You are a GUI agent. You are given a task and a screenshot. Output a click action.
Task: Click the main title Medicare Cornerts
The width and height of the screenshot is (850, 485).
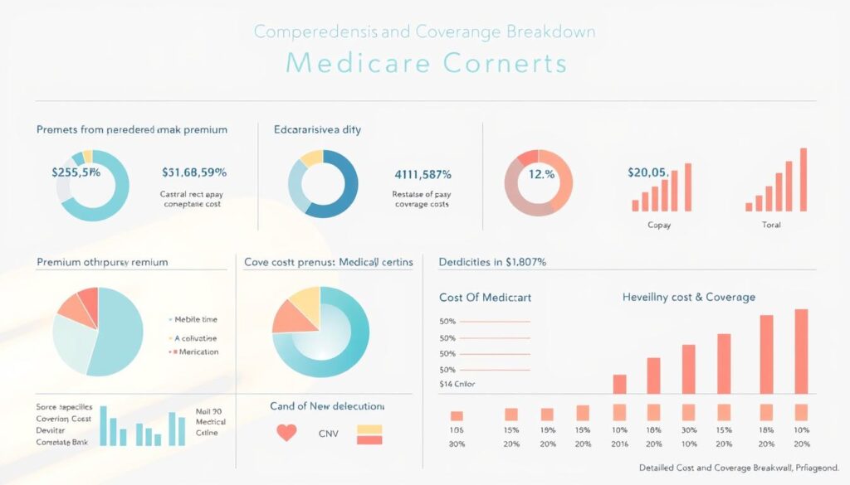425,64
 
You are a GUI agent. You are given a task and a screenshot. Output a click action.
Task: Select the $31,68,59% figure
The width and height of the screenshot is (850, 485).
194,172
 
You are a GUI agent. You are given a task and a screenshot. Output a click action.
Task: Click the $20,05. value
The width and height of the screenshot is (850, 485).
647,172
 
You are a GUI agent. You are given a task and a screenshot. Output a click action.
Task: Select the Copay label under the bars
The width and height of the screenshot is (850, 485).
660,225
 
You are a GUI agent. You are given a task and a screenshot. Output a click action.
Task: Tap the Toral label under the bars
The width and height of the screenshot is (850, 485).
770,225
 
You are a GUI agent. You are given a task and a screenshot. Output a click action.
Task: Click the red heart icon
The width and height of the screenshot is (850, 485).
286,433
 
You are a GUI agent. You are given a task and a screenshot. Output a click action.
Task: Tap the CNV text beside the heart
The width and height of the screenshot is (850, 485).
330,434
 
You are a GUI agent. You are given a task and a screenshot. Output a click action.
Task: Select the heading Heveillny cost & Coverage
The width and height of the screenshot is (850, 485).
688,297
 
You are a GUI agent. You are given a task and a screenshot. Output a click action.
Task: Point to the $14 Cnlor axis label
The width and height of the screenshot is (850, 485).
457,385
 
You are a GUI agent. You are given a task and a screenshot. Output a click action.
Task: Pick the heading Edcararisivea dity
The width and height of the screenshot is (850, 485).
317,130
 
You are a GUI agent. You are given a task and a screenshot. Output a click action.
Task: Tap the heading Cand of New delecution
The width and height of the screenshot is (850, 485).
327,406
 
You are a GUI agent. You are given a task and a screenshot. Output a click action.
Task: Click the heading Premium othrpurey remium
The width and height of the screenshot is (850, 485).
102,262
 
